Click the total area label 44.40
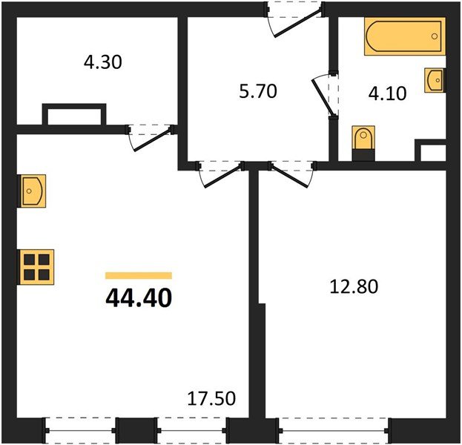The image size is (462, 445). pos(139,298)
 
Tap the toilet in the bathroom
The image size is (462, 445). pos(362,140)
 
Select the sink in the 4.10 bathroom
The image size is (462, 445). pos(435,79)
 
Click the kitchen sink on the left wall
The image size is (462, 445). pos(32,191)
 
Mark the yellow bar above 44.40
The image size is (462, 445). pos(139,275)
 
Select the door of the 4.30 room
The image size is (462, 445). pos(151,136)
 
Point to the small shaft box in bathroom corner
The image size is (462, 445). pos(431,152)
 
